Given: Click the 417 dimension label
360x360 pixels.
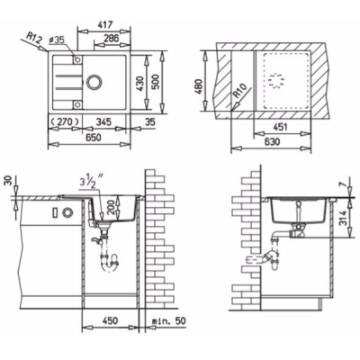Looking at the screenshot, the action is pos(103,24).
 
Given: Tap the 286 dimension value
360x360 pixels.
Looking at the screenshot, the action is pos(112,38).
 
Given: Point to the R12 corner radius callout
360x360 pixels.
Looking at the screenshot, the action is pos(33,38).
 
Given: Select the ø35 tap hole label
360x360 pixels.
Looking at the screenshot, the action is pos(56,40).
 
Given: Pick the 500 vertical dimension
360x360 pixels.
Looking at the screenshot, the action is pos(156,84).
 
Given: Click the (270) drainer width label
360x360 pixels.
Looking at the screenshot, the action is pos(64,121).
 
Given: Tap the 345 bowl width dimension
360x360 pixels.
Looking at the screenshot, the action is pos(103,121).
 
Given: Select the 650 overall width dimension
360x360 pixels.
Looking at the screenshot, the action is pos(93,138).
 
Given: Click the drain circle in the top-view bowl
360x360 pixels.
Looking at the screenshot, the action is pos(94,82).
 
